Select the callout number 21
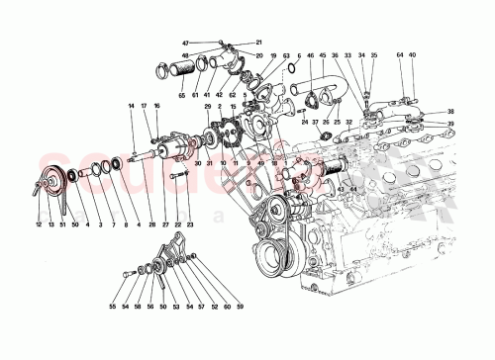[259, 44]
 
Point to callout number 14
[130, 106]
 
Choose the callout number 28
[151, 226]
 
